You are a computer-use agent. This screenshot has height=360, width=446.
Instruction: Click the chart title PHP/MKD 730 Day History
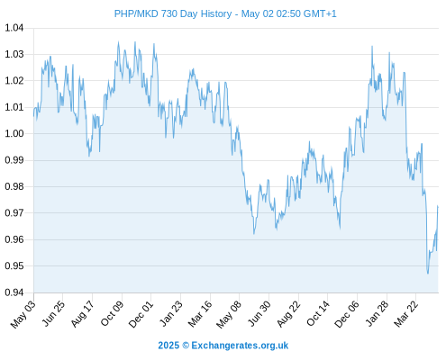173,13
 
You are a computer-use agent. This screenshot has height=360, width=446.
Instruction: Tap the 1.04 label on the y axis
14,28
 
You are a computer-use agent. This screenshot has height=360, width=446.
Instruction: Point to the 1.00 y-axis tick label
14,134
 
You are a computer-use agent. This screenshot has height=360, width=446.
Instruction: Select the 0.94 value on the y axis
14,292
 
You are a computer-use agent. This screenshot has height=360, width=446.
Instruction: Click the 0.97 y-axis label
14,213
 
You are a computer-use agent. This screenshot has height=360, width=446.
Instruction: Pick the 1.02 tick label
14,81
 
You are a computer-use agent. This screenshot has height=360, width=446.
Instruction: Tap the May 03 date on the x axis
23,315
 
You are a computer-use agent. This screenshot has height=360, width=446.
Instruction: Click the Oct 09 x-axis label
112,314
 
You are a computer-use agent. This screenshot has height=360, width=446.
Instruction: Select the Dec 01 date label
141,314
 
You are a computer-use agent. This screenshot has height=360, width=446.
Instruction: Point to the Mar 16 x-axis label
200,314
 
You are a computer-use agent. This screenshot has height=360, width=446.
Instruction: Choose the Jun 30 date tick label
259,314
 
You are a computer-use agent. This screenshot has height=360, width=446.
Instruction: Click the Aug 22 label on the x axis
288,314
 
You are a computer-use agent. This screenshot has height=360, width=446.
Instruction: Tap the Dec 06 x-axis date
347,314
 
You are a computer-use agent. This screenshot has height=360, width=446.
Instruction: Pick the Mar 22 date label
405,314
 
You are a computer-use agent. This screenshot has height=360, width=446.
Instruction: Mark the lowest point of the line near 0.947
428,274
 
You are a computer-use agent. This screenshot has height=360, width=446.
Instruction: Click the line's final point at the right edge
438,206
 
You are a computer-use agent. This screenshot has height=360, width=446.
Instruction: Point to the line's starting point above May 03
34,116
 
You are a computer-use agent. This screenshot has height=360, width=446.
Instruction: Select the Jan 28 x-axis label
376,314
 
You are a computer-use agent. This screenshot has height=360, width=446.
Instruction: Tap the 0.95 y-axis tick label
14,266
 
